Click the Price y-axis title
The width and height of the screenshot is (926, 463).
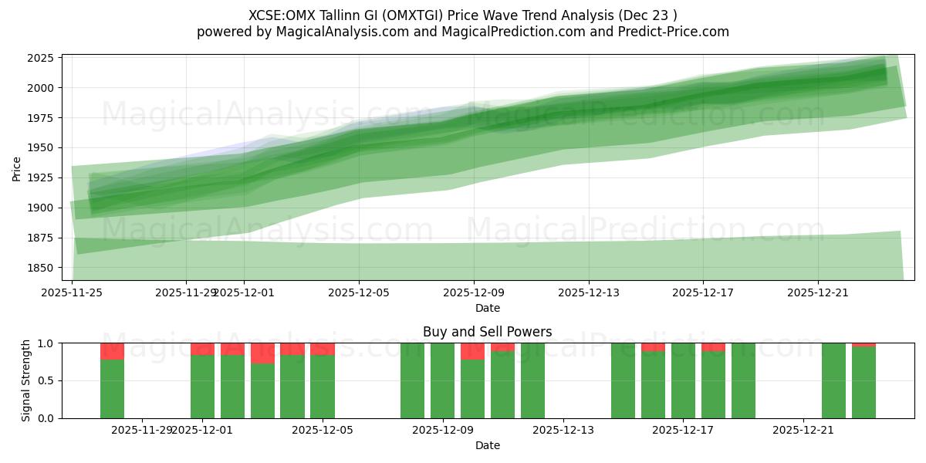17,167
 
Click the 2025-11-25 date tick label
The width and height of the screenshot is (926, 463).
72,292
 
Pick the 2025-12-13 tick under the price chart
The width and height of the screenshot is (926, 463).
588,292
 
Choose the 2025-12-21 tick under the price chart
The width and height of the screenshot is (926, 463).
818,292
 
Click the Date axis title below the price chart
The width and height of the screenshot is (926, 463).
488,308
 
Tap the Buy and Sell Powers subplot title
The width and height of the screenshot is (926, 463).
488,333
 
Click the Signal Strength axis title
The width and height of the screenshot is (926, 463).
26,380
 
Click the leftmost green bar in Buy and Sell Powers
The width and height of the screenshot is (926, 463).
112,389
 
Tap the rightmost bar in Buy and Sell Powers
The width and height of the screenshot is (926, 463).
863,383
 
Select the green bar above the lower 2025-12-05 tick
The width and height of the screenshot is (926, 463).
323,387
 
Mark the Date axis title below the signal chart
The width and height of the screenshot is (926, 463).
488,445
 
